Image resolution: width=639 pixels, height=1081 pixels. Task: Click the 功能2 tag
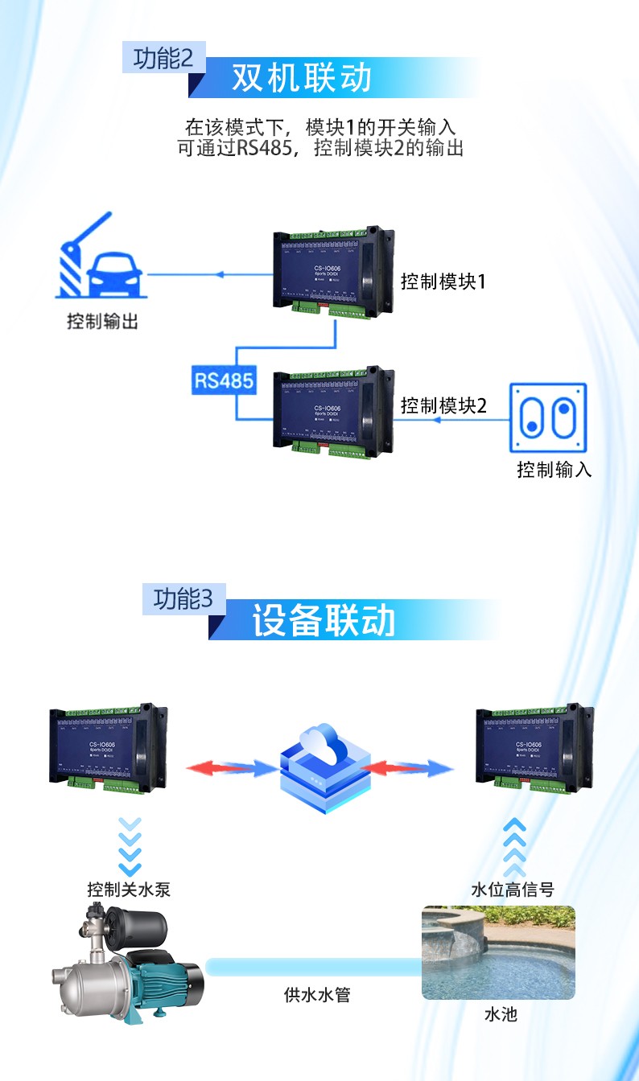tap(164, 59)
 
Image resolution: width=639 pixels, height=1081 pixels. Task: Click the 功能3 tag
tap(183, 599)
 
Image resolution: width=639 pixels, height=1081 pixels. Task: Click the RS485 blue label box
tap(224, 380)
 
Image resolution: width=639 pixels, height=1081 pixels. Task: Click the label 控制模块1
tap(443, 282)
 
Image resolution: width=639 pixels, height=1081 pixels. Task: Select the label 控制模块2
tap(443, 405)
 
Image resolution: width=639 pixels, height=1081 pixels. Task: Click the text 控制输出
tap(102, 322)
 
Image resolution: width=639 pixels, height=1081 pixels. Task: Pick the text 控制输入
tap(554, 470)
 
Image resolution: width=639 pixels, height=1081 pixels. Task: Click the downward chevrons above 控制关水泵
tap(129, 846)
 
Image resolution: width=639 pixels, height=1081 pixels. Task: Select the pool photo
tap(498, 952)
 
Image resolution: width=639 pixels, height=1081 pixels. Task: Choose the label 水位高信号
tap(513, 890)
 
